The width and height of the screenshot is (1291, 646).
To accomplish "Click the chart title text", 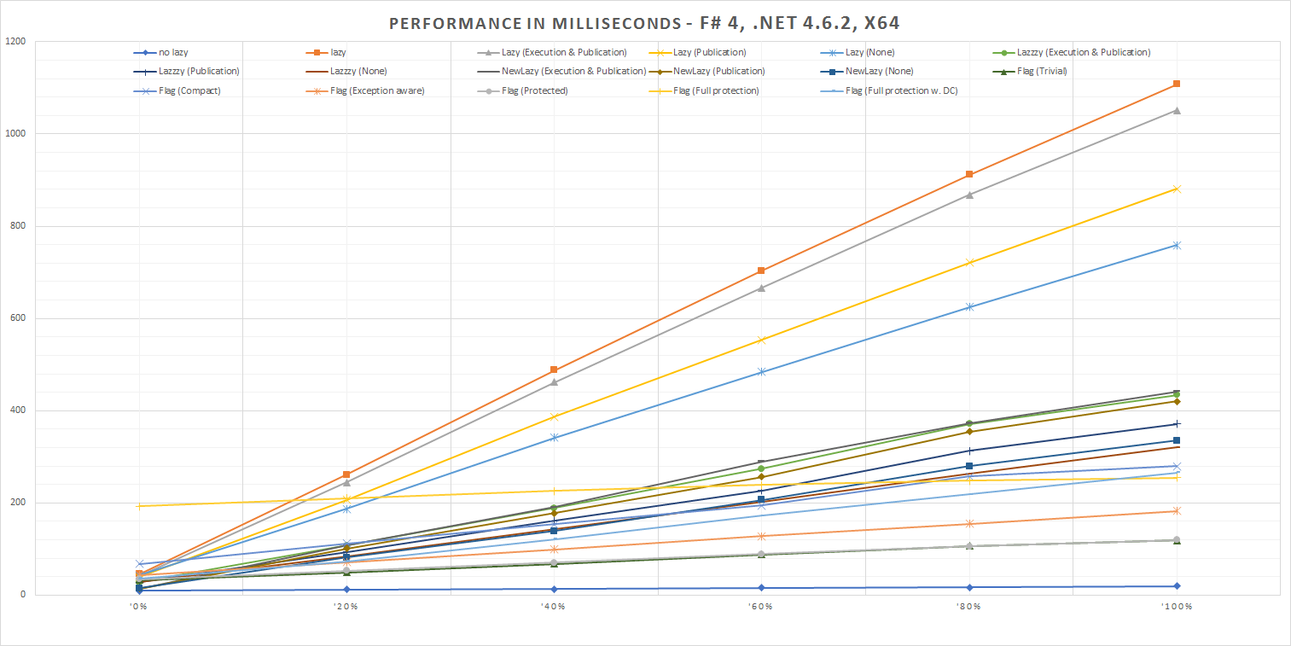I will (644, 23).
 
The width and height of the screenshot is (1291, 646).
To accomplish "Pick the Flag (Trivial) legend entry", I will (1042, 72).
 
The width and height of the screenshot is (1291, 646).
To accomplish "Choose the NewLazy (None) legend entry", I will (879, 72).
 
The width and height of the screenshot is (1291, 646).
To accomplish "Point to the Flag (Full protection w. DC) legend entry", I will (901, 90).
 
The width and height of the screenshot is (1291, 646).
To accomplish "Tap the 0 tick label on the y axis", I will (22, 595).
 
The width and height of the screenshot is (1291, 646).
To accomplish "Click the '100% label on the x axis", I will (1176, 608).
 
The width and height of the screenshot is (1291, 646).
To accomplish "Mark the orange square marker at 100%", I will (1177, 84).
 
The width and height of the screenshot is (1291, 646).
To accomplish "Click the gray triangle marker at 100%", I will (1177, 110).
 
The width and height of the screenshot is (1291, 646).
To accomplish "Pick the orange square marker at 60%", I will (761, 271).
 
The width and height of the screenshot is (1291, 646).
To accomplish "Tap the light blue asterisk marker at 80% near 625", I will (969, 306).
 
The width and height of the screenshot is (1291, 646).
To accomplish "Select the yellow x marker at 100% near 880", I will (1177, 189).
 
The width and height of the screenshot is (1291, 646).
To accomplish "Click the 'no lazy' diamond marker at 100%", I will (1177, 586).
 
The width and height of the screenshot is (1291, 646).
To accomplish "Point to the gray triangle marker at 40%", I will (554, 381).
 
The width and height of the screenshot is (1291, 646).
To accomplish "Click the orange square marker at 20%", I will (346, 474).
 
